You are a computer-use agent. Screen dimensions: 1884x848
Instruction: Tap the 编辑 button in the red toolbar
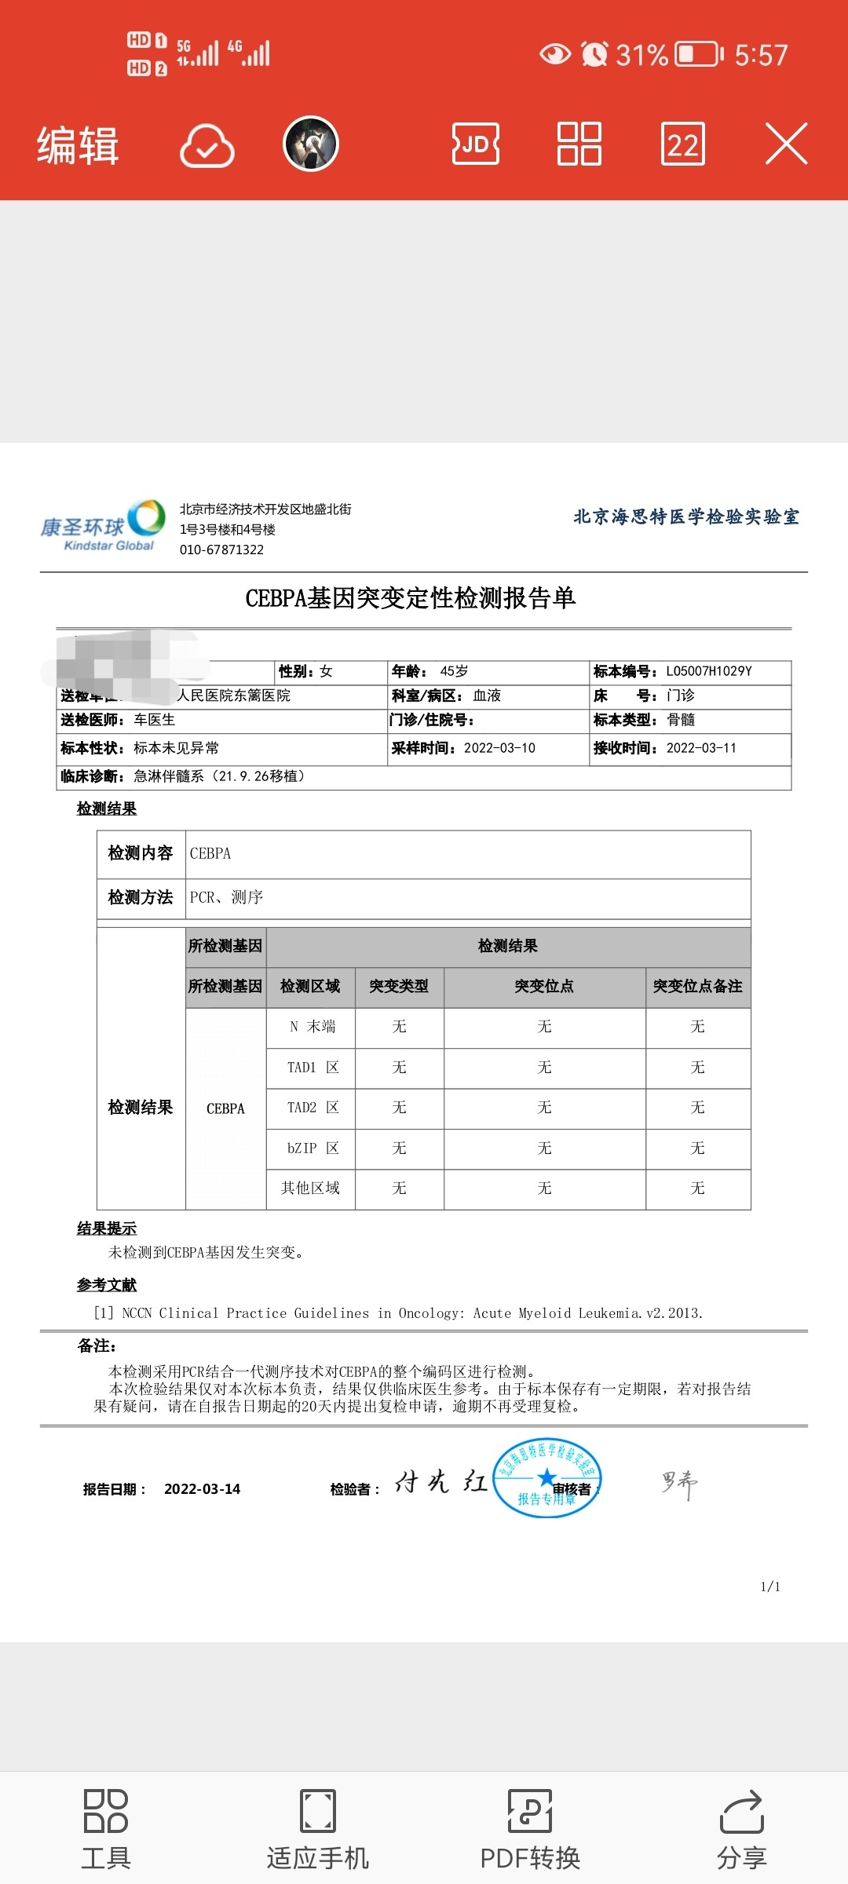tap(78, 145)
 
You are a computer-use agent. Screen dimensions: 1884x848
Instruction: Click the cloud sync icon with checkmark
tap(207, 145)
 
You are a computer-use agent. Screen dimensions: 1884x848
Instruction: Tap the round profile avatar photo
tap(311, 144)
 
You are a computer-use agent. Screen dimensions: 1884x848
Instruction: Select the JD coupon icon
tap(476, 144)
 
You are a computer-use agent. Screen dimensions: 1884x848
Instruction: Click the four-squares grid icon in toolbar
tap(579, 144)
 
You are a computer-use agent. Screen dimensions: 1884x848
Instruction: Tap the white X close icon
tap(786, 144)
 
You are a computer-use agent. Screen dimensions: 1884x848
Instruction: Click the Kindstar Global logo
tap(103, 525)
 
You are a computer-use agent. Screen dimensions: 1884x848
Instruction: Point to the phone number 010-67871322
tap(221, 549)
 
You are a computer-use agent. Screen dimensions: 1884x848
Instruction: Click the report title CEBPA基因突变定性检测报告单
tap(411, 598)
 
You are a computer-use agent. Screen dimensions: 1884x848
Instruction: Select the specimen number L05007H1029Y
tap(709, 671)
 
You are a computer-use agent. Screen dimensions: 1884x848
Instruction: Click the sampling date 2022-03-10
tap(499, 748)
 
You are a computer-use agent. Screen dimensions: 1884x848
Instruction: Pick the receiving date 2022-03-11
tap(701, 748)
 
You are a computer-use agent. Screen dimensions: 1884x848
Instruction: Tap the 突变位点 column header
tap(544, 987)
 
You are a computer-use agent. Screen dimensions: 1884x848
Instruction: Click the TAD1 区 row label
tap(312, 1068)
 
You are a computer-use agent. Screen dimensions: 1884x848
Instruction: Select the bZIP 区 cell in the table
tap(312, 1148)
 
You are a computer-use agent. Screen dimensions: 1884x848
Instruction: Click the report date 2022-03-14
tap(202, 1489)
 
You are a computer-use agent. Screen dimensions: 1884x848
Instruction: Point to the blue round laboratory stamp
tap(546, 1477)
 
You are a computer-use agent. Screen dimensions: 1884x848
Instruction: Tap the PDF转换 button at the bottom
tap(530, 1829)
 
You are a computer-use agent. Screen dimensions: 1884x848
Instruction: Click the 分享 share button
tap(741, 1829)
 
